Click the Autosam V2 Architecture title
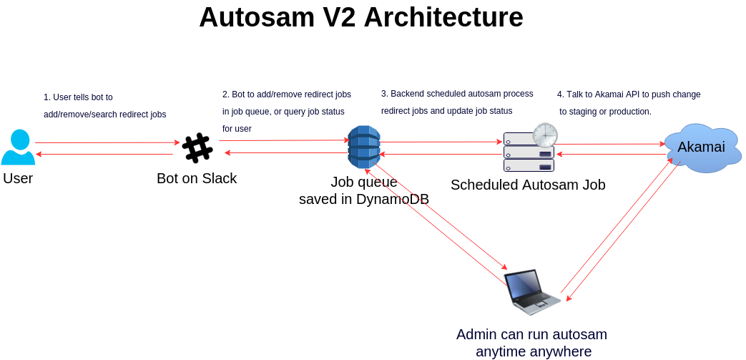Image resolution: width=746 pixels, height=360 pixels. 360,17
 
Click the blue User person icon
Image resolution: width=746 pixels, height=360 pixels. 18,147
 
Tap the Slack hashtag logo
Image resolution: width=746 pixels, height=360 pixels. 197,148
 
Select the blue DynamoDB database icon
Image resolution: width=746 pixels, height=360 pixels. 363,148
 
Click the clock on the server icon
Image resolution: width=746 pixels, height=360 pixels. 544,135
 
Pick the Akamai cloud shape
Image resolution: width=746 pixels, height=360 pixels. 700,147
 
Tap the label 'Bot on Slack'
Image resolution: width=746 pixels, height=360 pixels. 197,178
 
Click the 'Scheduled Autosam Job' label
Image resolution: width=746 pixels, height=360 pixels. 528,185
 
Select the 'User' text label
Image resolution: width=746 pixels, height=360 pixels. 18,178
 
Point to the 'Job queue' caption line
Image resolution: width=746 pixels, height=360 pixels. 363,182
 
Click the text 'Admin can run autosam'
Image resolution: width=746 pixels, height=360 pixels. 531,334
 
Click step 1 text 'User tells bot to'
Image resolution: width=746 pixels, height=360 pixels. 78,97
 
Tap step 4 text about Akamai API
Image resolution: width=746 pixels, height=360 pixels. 629,94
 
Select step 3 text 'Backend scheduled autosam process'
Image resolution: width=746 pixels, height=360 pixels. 457,94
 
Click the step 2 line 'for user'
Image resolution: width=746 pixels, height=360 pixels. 237,129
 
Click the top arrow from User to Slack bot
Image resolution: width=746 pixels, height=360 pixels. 107,142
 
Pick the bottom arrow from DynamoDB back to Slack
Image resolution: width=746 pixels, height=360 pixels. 283,153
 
